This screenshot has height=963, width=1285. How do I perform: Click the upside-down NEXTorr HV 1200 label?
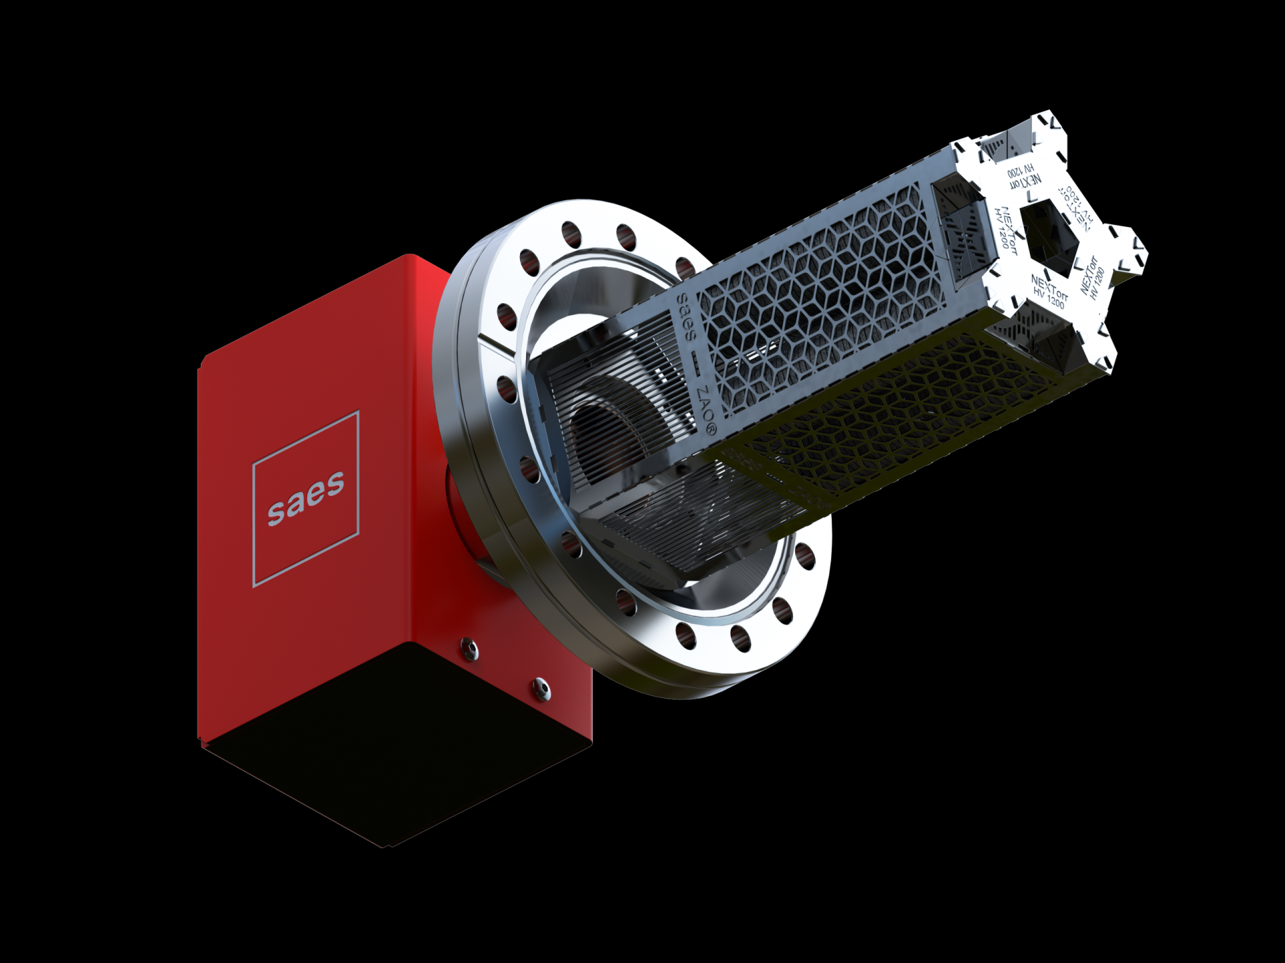[x=1025, y=176]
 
